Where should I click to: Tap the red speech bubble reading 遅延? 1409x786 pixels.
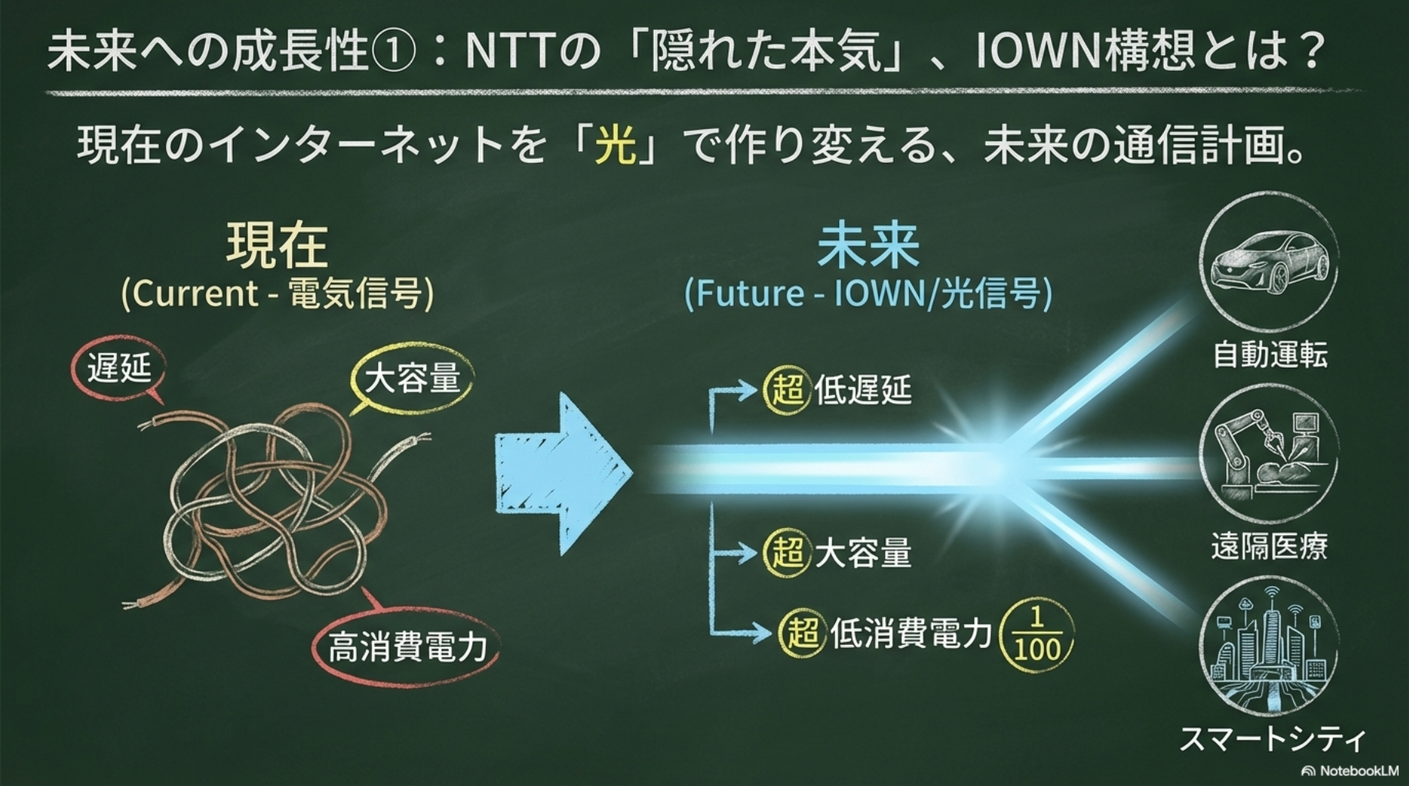[119, 369]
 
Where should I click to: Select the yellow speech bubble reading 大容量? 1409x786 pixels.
[412, 379]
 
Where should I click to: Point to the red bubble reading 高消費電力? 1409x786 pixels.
[406, 646]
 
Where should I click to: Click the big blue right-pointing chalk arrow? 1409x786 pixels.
[562, 474]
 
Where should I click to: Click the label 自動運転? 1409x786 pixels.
[1270, 355]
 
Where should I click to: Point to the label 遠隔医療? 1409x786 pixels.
[1269, 547]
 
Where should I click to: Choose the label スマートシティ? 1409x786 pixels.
[1272, 738]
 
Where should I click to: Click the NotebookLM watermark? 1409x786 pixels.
[1349, 770]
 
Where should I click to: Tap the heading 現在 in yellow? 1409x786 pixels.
[277, 246]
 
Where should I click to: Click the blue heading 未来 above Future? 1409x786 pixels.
[868, 246]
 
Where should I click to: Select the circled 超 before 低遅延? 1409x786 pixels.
[787, 389]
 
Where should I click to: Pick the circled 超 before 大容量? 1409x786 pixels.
[787, 552]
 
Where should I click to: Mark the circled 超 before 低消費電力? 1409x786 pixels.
[803, 633]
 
